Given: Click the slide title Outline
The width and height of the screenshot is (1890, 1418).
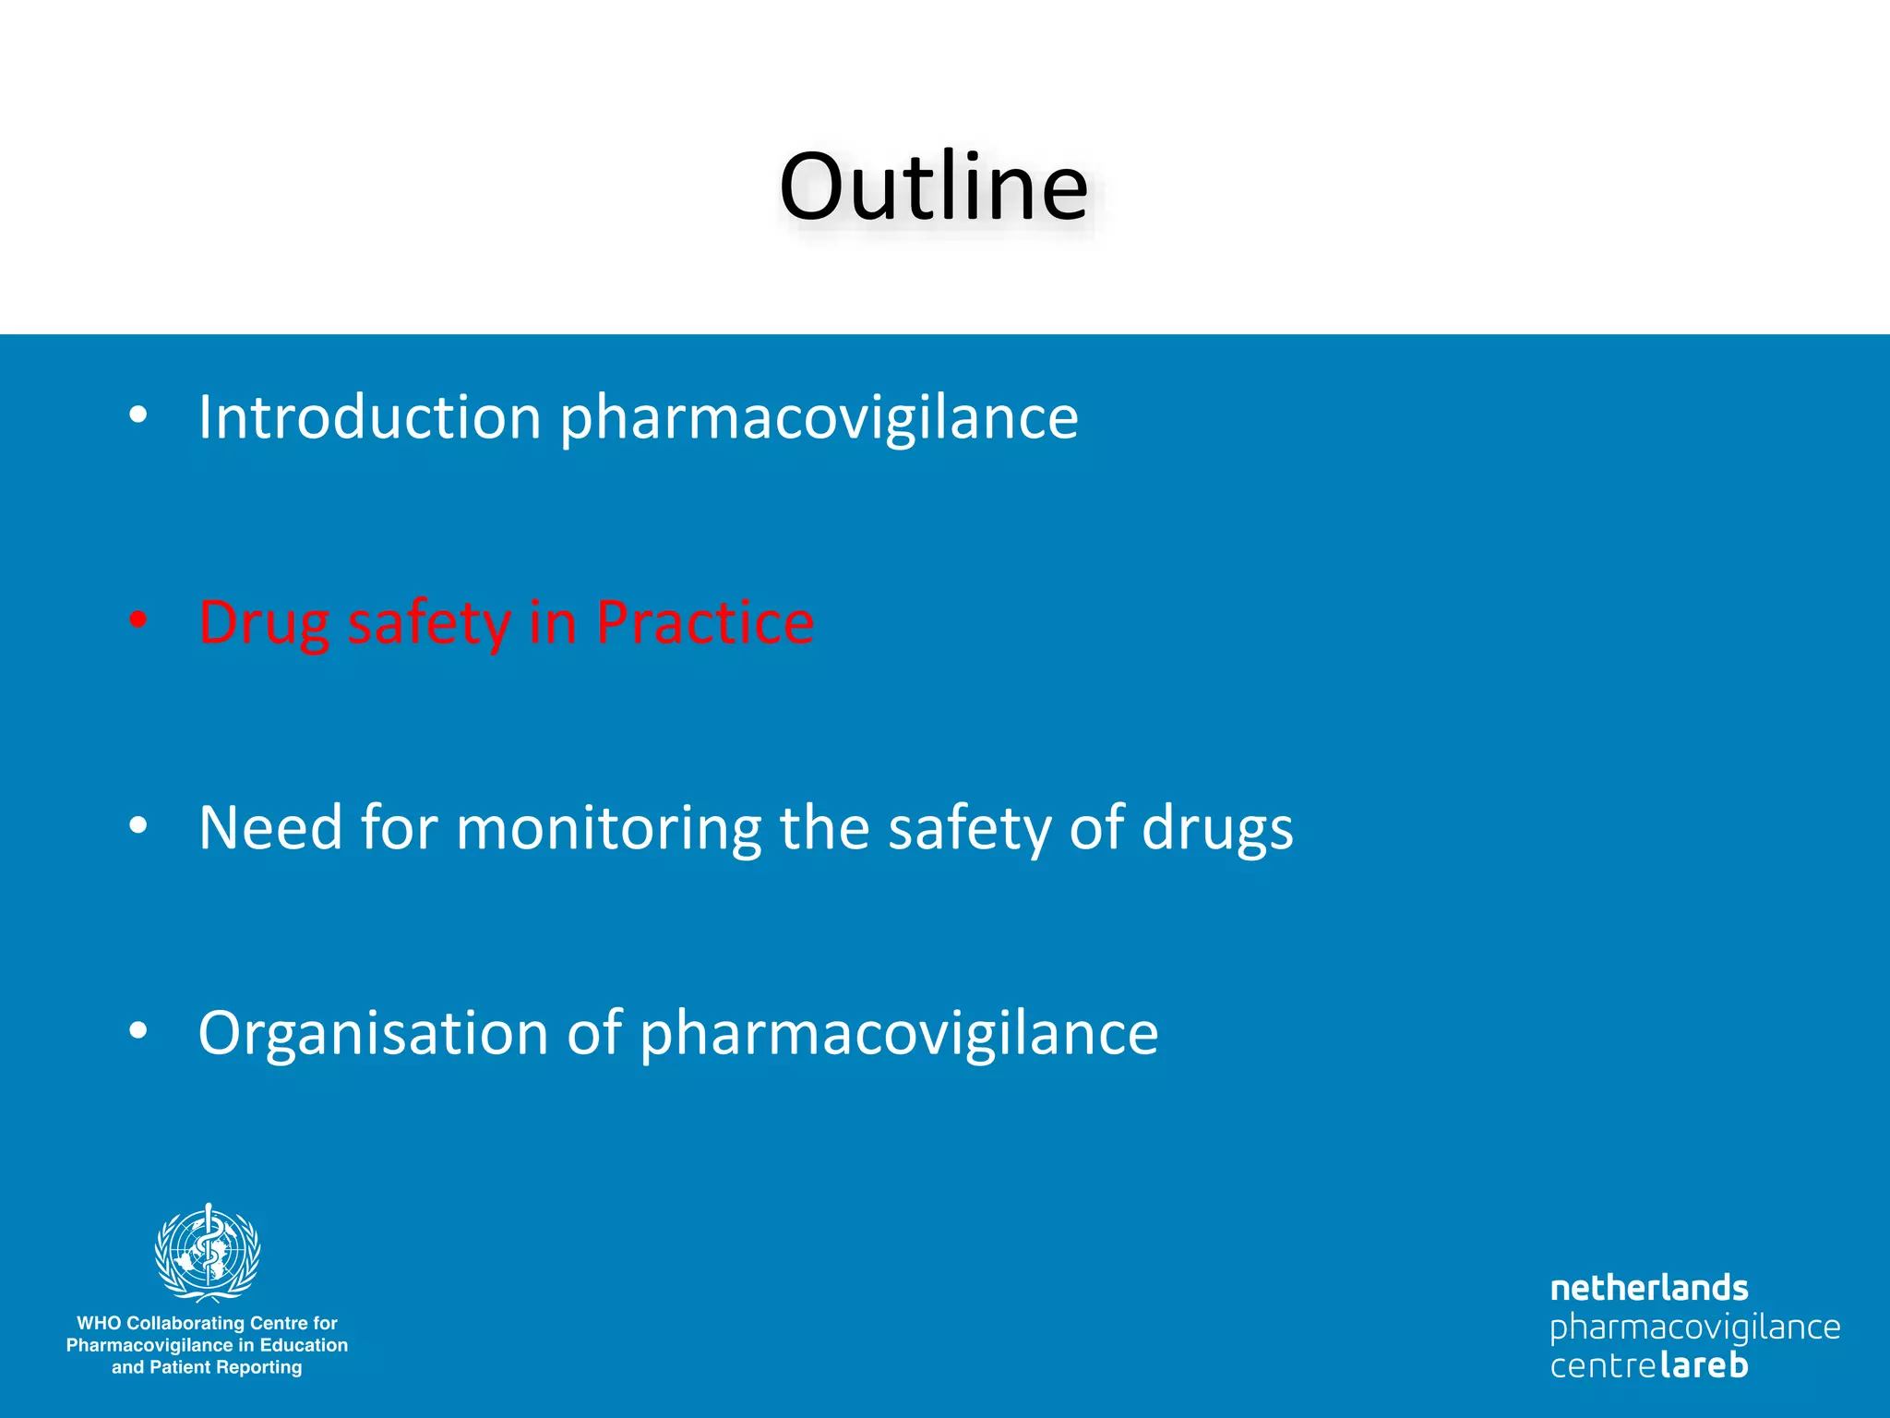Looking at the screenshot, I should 933,187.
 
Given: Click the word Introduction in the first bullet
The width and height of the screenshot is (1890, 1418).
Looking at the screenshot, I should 369,417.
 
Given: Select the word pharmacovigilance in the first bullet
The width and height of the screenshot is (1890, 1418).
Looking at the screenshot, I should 819,419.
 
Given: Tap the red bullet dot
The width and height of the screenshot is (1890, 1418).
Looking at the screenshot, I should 138,619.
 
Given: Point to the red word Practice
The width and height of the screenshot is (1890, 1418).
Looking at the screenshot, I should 705,622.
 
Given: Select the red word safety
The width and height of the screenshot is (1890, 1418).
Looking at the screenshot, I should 429,624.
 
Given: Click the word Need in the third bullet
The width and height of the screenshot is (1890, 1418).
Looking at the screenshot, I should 270,827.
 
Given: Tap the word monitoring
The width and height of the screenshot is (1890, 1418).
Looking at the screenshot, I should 609,829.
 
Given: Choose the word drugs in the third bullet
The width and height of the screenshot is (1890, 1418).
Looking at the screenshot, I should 1217,829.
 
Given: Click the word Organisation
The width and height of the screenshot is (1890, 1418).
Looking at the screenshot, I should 373,1034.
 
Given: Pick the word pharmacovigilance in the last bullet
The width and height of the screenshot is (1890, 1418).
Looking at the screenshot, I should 898,1034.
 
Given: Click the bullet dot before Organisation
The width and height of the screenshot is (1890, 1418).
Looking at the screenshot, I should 138,1030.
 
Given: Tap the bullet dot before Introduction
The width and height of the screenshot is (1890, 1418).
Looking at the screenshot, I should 138,415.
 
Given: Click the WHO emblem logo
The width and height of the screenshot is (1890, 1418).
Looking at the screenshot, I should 208,1252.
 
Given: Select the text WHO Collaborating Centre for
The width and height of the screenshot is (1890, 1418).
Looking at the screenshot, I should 207,1323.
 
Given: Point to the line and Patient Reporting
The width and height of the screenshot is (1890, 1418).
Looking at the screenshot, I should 207,1367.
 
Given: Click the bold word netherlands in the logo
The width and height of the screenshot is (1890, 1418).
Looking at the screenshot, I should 1649,1288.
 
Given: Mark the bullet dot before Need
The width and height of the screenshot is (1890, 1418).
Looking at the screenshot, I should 138,825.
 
